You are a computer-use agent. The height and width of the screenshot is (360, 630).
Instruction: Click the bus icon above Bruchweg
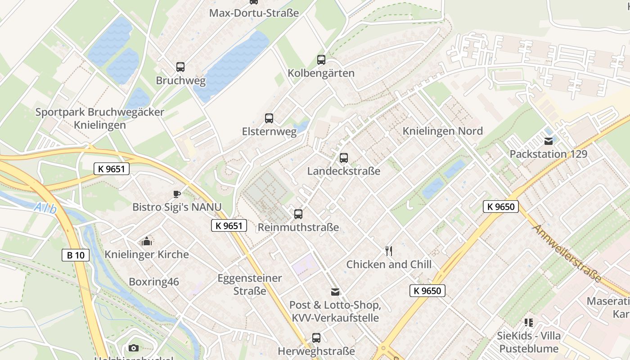180,67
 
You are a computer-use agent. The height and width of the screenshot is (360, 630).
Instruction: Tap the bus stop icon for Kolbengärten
321,59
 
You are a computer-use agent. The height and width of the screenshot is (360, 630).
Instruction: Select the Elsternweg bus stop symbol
269,118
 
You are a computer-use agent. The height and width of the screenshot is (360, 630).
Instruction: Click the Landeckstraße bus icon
344,158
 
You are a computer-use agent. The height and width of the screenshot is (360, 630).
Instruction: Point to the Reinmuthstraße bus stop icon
298,214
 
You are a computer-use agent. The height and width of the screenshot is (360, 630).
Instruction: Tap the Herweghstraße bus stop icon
316,337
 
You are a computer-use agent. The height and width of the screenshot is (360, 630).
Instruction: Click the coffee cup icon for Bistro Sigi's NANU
177,194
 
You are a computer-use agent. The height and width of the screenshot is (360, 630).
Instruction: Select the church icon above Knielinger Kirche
147,242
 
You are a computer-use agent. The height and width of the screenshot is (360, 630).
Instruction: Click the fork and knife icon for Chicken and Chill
389,251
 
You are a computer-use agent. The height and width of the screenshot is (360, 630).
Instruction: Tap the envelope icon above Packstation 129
548,141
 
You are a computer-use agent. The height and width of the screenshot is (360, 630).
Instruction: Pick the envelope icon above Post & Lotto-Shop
335,292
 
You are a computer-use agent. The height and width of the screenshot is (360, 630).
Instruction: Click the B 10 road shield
76,255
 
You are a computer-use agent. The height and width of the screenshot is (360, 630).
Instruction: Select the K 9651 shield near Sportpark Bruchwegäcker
112,169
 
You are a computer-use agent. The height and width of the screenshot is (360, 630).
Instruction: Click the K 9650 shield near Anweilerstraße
501,207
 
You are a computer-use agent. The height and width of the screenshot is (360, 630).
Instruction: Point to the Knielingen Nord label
442,131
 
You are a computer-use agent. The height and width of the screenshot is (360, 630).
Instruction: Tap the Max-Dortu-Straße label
254,13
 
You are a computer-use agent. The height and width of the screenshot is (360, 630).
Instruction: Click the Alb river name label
45,209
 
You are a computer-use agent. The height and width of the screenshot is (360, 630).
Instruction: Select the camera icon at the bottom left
134,348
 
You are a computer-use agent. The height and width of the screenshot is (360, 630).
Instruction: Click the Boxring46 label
154,282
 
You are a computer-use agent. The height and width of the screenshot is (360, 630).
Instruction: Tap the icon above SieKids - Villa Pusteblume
529,323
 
